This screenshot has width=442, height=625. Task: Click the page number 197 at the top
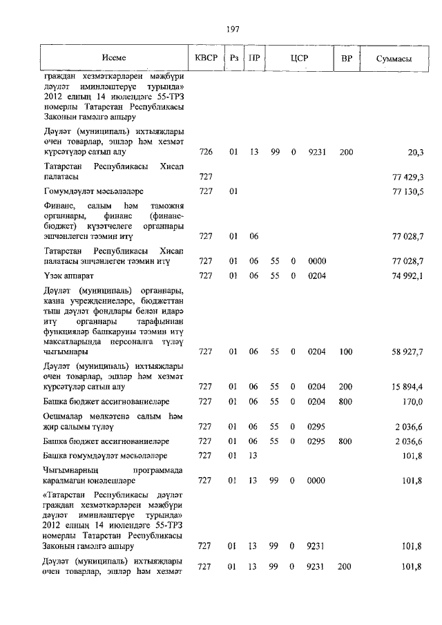point(232,28)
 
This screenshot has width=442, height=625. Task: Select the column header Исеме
point(114,59)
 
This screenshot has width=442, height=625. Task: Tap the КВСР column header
point(205,59)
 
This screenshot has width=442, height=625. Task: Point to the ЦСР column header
point(298,59)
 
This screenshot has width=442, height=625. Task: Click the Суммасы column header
point(394,59)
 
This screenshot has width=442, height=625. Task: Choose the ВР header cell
point(346,59)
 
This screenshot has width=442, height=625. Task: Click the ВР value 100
point(346,352)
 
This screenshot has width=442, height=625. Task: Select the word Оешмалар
point(63,416)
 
